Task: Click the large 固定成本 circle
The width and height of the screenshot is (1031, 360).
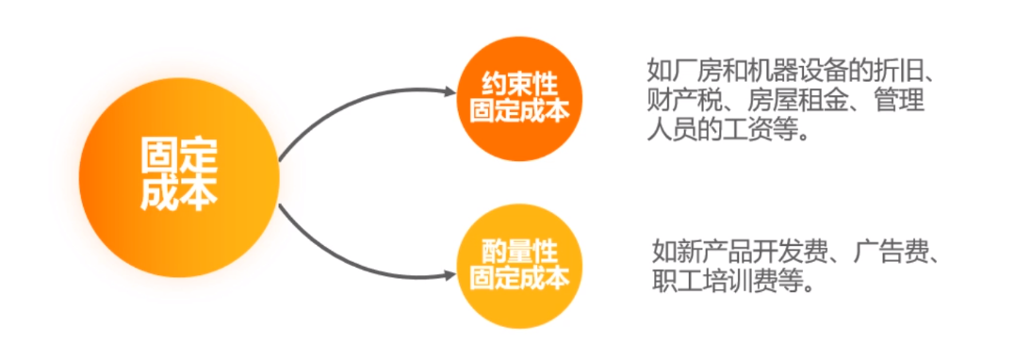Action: tap(179, 175)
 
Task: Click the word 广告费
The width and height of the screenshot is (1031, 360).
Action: tap(895, 252)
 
